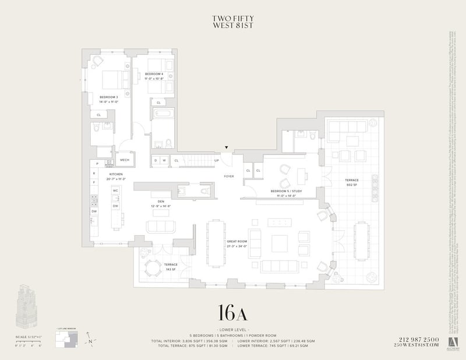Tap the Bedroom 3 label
click(109, 99)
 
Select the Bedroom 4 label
click(153, 76)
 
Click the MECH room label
click(125, 160)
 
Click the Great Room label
click(236, 245)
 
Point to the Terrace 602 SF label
click(352, 182)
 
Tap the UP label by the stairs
click(216, 160)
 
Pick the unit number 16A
click(233, 313)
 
